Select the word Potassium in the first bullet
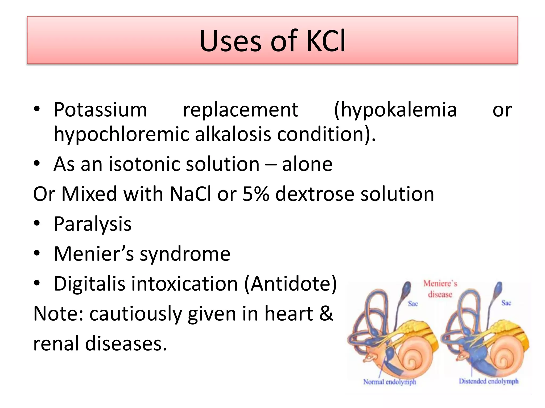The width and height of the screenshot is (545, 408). point(100,110)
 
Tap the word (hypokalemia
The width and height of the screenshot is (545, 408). point(395,110)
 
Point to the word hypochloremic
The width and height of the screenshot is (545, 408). point(121,134)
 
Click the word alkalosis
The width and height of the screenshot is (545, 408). point(233,134)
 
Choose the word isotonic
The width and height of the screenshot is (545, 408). point(144,164)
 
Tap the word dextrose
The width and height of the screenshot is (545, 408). point(315,194)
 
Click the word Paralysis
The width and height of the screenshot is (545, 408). point(93,224)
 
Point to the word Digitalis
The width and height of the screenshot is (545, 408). point(89,284)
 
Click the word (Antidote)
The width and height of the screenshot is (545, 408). point(291,284)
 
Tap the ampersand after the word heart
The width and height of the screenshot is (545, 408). point(326,314)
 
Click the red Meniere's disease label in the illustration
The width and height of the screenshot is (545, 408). point(440,289)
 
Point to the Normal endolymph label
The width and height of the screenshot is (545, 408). point(390,382)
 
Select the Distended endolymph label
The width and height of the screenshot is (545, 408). point(489,381)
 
